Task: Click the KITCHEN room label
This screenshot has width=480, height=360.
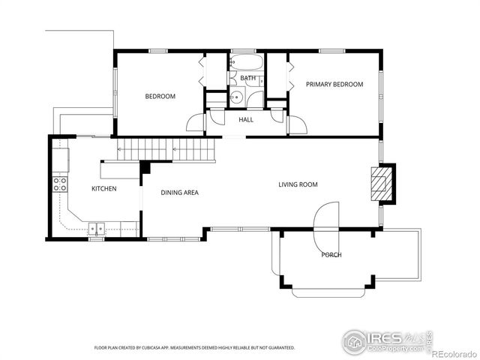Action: click(103, 188)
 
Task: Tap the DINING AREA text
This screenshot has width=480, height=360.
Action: click(179, 193)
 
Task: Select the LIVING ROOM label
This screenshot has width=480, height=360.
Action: click(298, 184)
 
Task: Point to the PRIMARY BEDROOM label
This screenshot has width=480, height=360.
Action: click(334, 85)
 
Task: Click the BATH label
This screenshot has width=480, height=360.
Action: click(247, 78)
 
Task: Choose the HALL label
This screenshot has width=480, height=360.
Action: click(246, 119)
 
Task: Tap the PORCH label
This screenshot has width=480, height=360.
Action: click(331, 255)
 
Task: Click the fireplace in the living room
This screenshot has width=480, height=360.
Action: click(383, 184)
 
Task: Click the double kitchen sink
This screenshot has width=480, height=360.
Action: click(97, 229)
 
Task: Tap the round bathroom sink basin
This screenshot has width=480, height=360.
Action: click(235, 96)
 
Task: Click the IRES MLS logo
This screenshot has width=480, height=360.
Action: click(387, 339)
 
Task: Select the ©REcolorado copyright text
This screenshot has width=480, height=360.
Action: click(454, 352)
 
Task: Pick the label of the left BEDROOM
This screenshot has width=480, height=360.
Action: click(160, 96)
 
